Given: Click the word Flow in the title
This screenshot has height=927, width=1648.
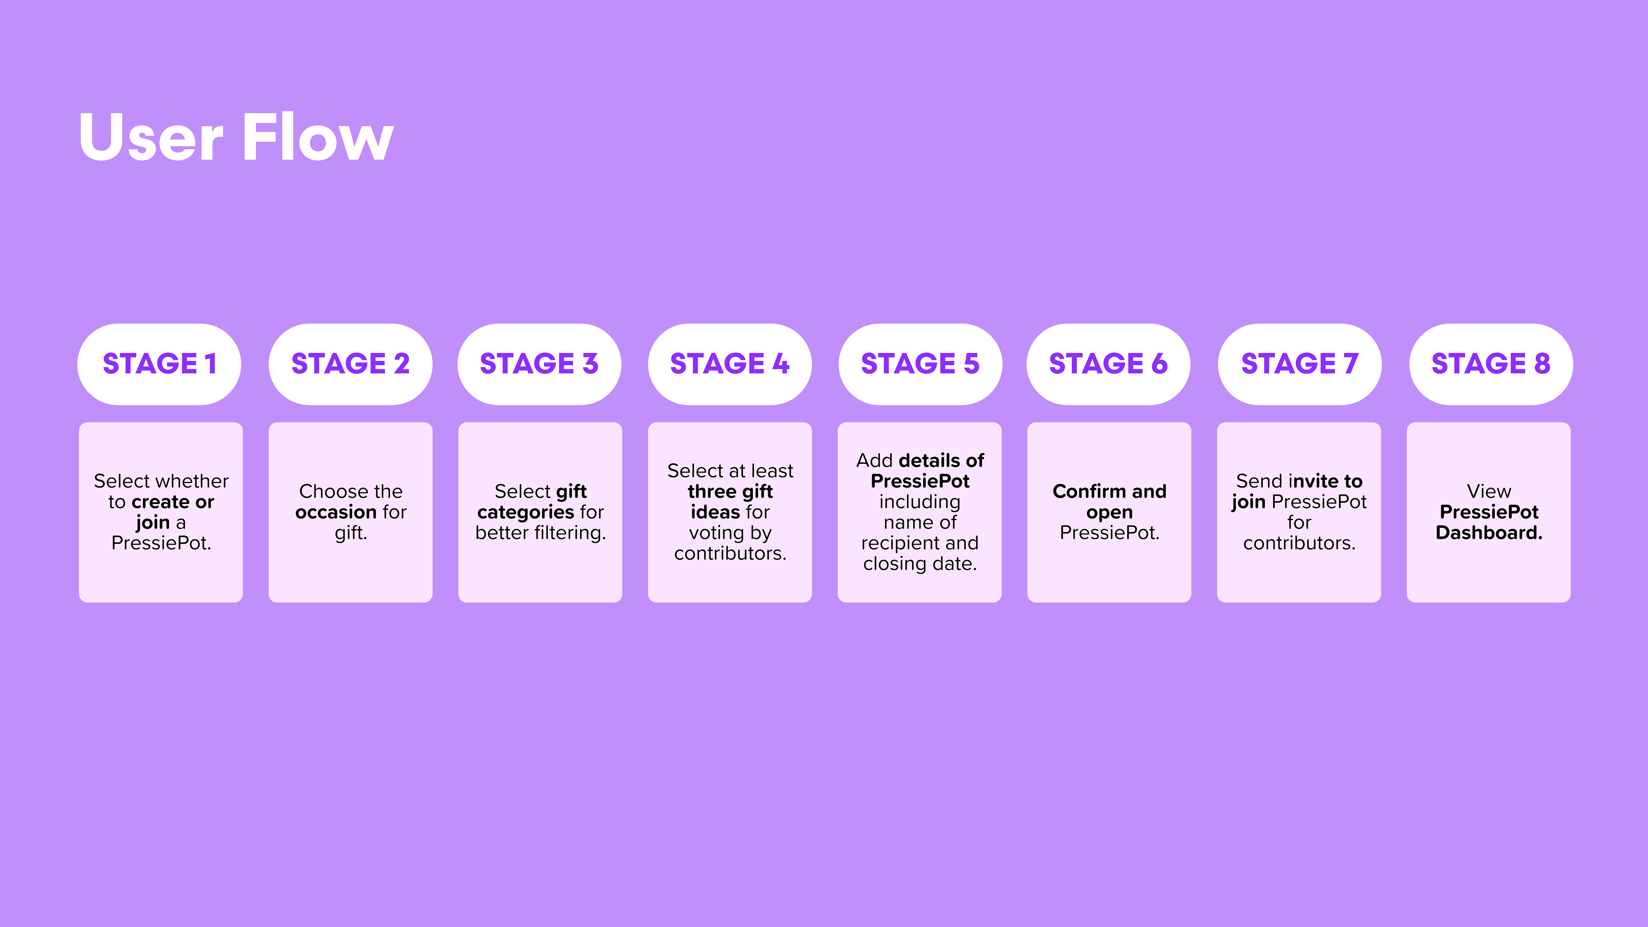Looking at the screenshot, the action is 318,137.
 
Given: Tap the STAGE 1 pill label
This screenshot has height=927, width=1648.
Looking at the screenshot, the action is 159,364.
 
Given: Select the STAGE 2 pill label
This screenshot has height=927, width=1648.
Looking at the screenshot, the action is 350,364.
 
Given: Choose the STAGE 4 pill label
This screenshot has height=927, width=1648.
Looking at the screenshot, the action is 729,364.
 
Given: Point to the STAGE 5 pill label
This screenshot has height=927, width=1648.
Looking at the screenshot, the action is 920,364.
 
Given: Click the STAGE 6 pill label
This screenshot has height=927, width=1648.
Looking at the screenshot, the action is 1108,364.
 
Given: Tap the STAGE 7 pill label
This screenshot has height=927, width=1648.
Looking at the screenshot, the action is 1300,364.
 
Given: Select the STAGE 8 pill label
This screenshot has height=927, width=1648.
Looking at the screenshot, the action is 1490,364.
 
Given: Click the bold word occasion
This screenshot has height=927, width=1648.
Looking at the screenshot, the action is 336,512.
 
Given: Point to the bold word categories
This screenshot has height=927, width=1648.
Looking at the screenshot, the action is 525,512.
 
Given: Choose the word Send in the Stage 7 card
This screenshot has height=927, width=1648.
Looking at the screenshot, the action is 1260,481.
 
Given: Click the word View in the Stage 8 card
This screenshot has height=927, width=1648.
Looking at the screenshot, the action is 1489,491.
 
